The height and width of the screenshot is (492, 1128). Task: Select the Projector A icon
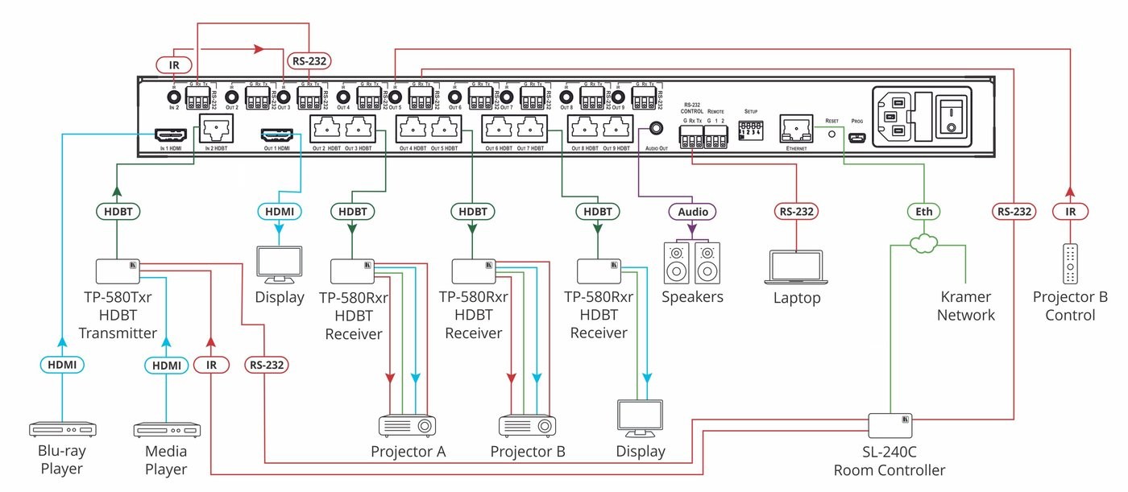click(408, 425)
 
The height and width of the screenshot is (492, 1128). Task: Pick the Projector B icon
click(527, 425)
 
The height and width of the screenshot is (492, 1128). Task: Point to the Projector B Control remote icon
click(1069, 264)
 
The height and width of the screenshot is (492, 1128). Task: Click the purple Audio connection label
click(692, 212)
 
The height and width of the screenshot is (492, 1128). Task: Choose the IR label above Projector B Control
click(1069, 212)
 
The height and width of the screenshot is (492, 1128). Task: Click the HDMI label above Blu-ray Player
click(63, 365)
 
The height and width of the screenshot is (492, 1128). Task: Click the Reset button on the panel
click(832, 135)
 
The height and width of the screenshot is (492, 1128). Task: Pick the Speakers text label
click(692, 297)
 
